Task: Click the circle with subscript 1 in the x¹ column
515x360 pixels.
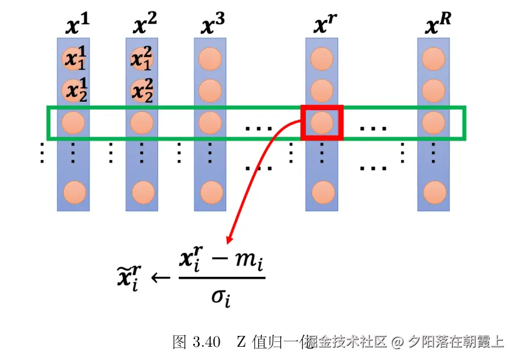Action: point(75,59)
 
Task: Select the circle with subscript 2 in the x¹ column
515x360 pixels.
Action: point(75,90)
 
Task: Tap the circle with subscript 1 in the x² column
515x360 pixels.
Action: point(143,59)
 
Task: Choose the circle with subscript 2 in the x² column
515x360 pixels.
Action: point(143,90)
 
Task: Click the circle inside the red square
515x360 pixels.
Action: point(321,123)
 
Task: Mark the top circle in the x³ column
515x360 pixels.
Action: point(211,59)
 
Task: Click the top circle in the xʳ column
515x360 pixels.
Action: point(321,59)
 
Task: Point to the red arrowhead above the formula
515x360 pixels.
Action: point(230,239)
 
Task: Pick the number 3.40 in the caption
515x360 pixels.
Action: point(205,343)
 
